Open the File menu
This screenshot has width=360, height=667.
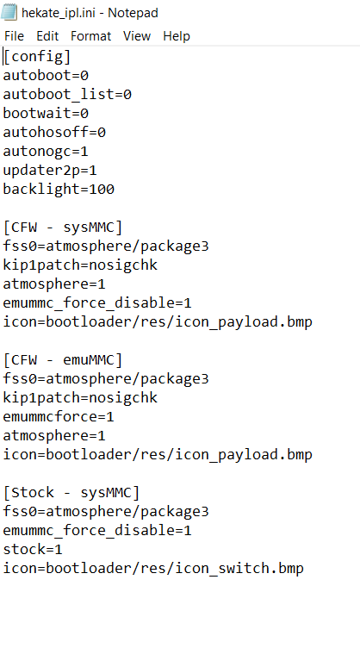(x=14, y=36)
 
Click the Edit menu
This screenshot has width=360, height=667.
(x=47, y=36)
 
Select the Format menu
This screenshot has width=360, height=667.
(x=90, y=36)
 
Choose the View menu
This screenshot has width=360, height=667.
(x=137, y=36)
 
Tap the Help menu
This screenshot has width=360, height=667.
(x=177, y=36)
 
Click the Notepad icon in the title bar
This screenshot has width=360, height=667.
(x=9, y=12)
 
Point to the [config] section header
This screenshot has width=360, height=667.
(x=37, y=57)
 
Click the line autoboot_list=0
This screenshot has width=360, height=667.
(x=67, y=94)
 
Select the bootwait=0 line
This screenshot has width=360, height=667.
(x=46, y=113)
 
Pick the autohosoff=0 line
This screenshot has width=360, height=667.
(x=54, y=133)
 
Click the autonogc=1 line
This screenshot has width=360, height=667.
(x=46, y=152)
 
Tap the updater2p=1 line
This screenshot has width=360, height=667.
(x=50, y=171)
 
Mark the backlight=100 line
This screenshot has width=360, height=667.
(x=59, y=190)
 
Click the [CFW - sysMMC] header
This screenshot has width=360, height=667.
(x=63, y=228)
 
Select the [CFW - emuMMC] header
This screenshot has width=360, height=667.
(x=63, y=360)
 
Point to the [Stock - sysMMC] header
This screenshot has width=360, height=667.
(x=71, y=493)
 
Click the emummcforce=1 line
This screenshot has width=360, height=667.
(x=59, y=417)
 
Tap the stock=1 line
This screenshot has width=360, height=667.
(x=33, y=550)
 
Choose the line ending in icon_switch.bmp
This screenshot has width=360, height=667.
(x=153, y=569)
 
